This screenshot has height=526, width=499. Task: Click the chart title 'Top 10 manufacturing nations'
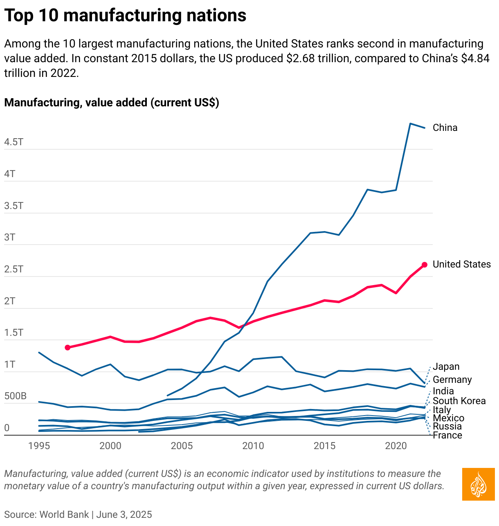[125, 16]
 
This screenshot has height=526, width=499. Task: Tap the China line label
[445, 128]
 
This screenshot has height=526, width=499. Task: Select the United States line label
[461, 264]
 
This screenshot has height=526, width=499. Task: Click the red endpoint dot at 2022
[425, 265]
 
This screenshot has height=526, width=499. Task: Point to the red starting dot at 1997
[68, 347]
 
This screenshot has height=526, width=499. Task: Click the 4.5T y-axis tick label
[14, 142]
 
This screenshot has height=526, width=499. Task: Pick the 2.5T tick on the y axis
[14, 269]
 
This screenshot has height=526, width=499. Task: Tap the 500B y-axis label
[16, 396]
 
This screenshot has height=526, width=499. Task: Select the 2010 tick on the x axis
[253, 445]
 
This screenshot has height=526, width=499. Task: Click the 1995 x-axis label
[39, 445]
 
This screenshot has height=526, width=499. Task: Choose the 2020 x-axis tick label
[396, 445]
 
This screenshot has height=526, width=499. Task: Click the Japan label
[446, 366]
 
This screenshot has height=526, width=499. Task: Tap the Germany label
[452, 380]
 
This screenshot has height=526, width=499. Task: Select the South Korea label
[459, 401]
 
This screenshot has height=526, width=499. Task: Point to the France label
[447, 435]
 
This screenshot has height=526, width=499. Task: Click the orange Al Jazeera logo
[478, 484]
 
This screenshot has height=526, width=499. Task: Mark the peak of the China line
[410, 124]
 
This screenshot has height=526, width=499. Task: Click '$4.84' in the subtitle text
[475, 58]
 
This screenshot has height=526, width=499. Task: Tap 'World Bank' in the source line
[64, 514]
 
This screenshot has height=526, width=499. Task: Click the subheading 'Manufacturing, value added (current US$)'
[112, 102]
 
